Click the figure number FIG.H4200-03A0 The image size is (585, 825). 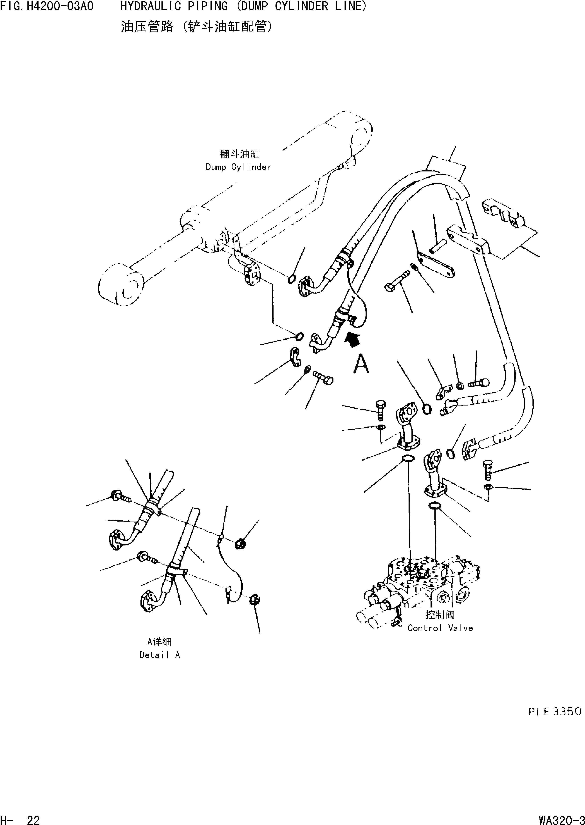(47, 6)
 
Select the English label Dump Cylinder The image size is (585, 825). (238, 167)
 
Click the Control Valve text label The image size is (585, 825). (440, 628)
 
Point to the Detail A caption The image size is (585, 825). (160, 655)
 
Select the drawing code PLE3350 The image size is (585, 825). (555, 712)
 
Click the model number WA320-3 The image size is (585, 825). (562, 817)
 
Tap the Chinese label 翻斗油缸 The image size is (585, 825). (239, 154)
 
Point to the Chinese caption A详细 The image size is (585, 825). (160, 642)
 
